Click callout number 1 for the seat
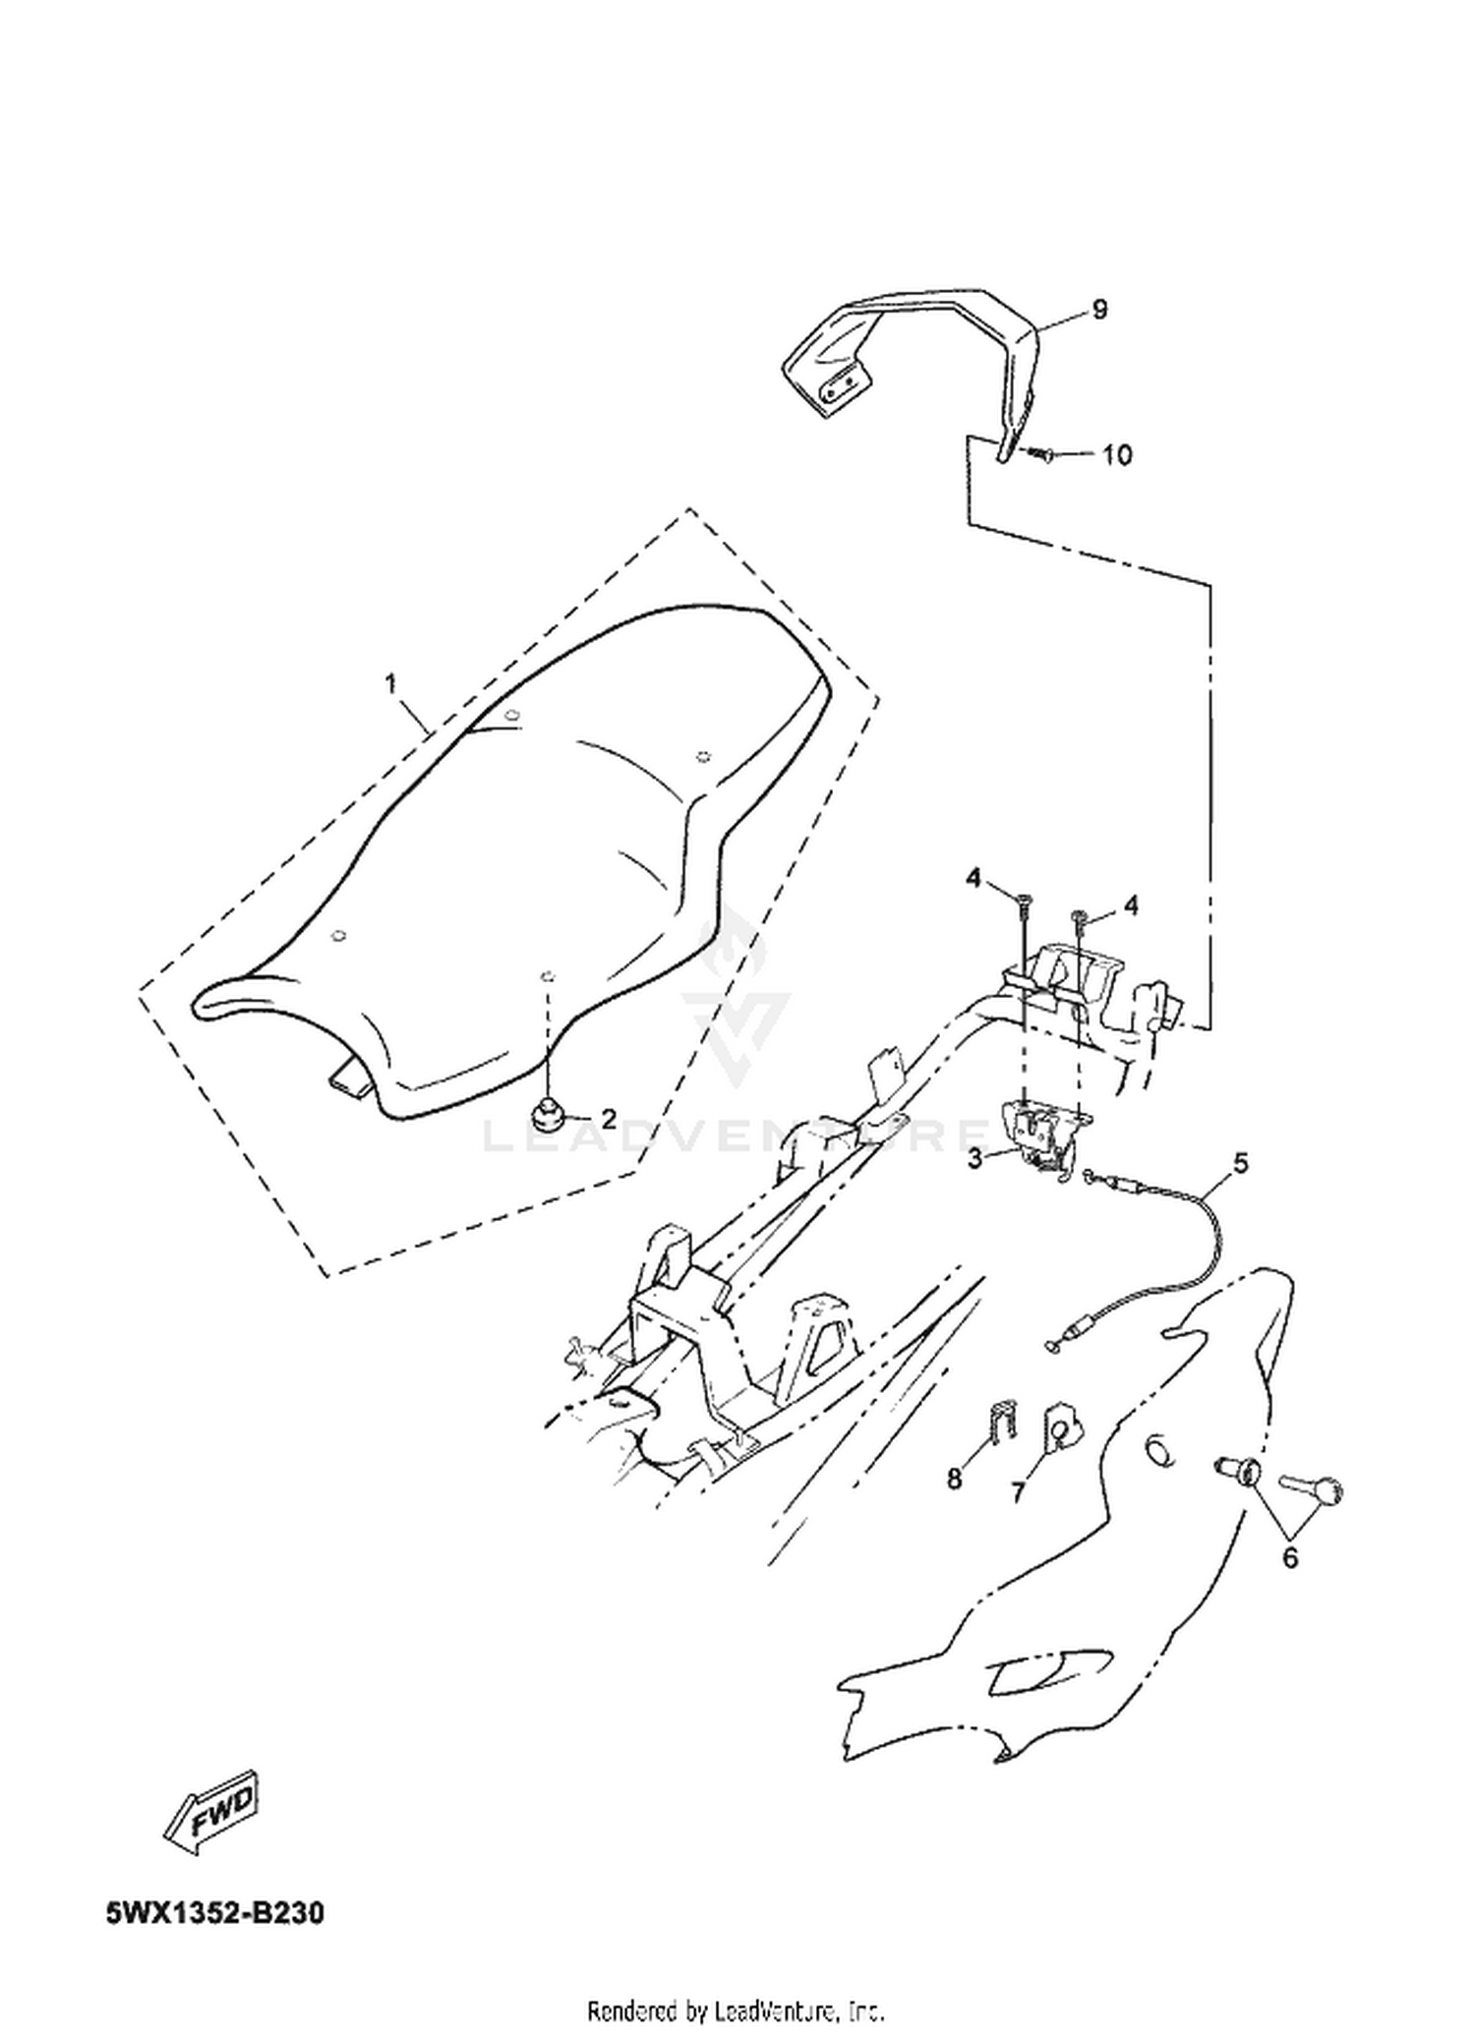tap(391, 683)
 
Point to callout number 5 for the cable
tap(1240, 1163)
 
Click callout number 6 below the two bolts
tap(1289, 1556)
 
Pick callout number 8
tap(954, 1479)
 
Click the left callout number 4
tap(973, 878)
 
